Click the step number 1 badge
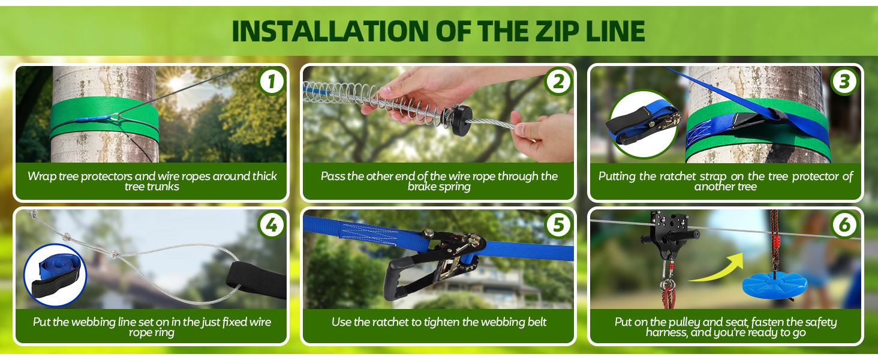point(272,82)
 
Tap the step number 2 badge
point(558,82)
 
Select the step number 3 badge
point(845,82)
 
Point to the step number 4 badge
point(272,226)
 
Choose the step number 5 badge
point(558,226)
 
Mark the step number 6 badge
point(845,226)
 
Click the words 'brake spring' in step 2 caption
point(438,187)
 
